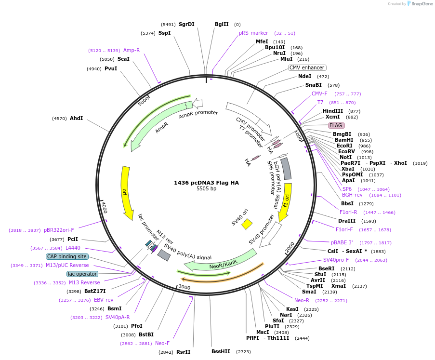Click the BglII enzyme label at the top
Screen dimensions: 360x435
click(222, 25)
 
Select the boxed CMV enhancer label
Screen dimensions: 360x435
click(307, 68)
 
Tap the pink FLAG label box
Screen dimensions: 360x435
click(336, 125)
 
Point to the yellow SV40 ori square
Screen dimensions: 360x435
click(247, 224)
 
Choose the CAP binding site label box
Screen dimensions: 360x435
click(67, 256)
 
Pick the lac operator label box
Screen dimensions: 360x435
click(82, 274)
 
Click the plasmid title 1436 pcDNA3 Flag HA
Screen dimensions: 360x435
click(206, 183)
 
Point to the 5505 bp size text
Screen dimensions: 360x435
click(206, 189)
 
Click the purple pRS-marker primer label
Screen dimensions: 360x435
click(253, 33)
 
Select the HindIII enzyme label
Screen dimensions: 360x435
click(332, 111)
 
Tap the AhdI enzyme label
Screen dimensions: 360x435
click(77, 118)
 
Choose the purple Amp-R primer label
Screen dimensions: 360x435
click(132, 50)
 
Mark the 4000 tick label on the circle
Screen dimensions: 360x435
click(104, 208)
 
